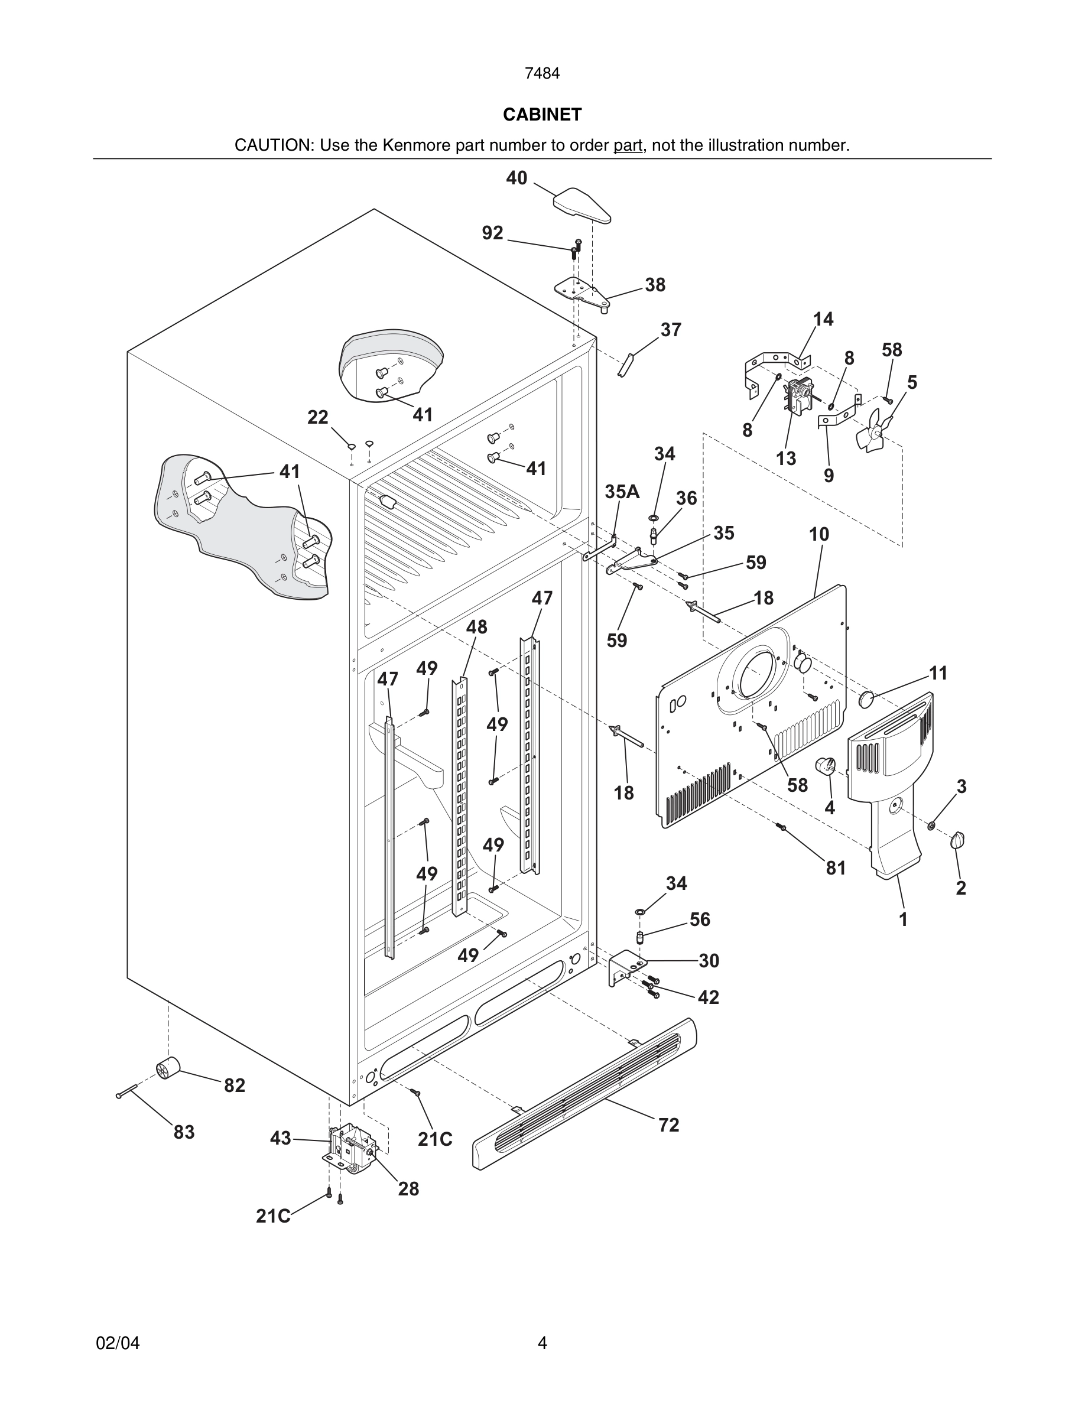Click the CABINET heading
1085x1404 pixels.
pos(542,115)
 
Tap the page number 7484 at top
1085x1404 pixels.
pos(542,74)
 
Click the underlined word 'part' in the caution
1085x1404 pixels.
pos(628,145)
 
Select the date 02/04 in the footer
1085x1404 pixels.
pos(118,1343)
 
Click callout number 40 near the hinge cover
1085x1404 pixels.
pos(516,178)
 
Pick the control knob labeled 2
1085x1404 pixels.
pos(959,840)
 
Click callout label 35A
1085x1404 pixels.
pos(622,492)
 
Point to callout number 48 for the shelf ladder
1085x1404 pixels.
pos(476,627)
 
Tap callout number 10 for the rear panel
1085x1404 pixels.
pos(819,534)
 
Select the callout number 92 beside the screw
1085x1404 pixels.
pos(492,233)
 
